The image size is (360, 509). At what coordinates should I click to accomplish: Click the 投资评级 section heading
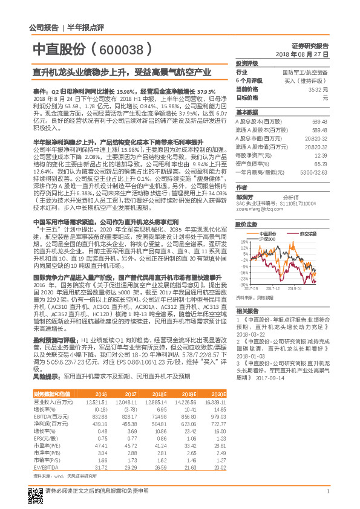click(x=247, y=63)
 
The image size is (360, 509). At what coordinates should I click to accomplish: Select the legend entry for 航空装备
click(x=309, y=232)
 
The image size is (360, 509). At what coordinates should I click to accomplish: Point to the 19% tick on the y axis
click(x=244, y=241)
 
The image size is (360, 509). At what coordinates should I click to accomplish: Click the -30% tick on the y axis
click(x=243, y=284)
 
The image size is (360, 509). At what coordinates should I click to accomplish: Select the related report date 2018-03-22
click(x=254, y=333)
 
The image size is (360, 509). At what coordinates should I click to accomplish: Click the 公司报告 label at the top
click(x=44, y=27)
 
